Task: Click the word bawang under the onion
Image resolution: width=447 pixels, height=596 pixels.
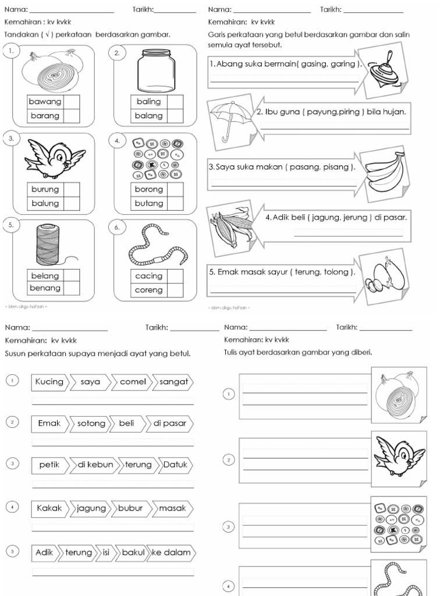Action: point(45,102)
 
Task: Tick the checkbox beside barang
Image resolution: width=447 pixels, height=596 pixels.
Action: point(72,116)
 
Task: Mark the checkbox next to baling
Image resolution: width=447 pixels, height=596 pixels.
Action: point(175,102)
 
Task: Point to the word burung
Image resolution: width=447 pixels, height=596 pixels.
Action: point(45,189)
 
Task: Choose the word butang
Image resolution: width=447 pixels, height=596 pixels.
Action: point(149,204)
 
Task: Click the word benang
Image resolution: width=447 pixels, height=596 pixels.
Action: point(45,288)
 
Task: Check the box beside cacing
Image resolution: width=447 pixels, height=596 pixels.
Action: point(175,276)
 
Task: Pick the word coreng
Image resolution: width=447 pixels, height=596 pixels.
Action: point(149,290)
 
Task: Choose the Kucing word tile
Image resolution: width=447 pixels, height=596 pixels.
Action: point(49,382)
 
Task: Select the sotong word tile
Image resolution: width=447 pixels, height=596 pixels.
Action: point(91,424)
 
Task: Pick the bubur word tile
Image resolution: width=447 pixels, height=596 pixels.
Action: point(130,508)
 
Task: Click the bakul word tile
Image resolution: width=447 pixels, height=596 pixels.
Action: point(133,552)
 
